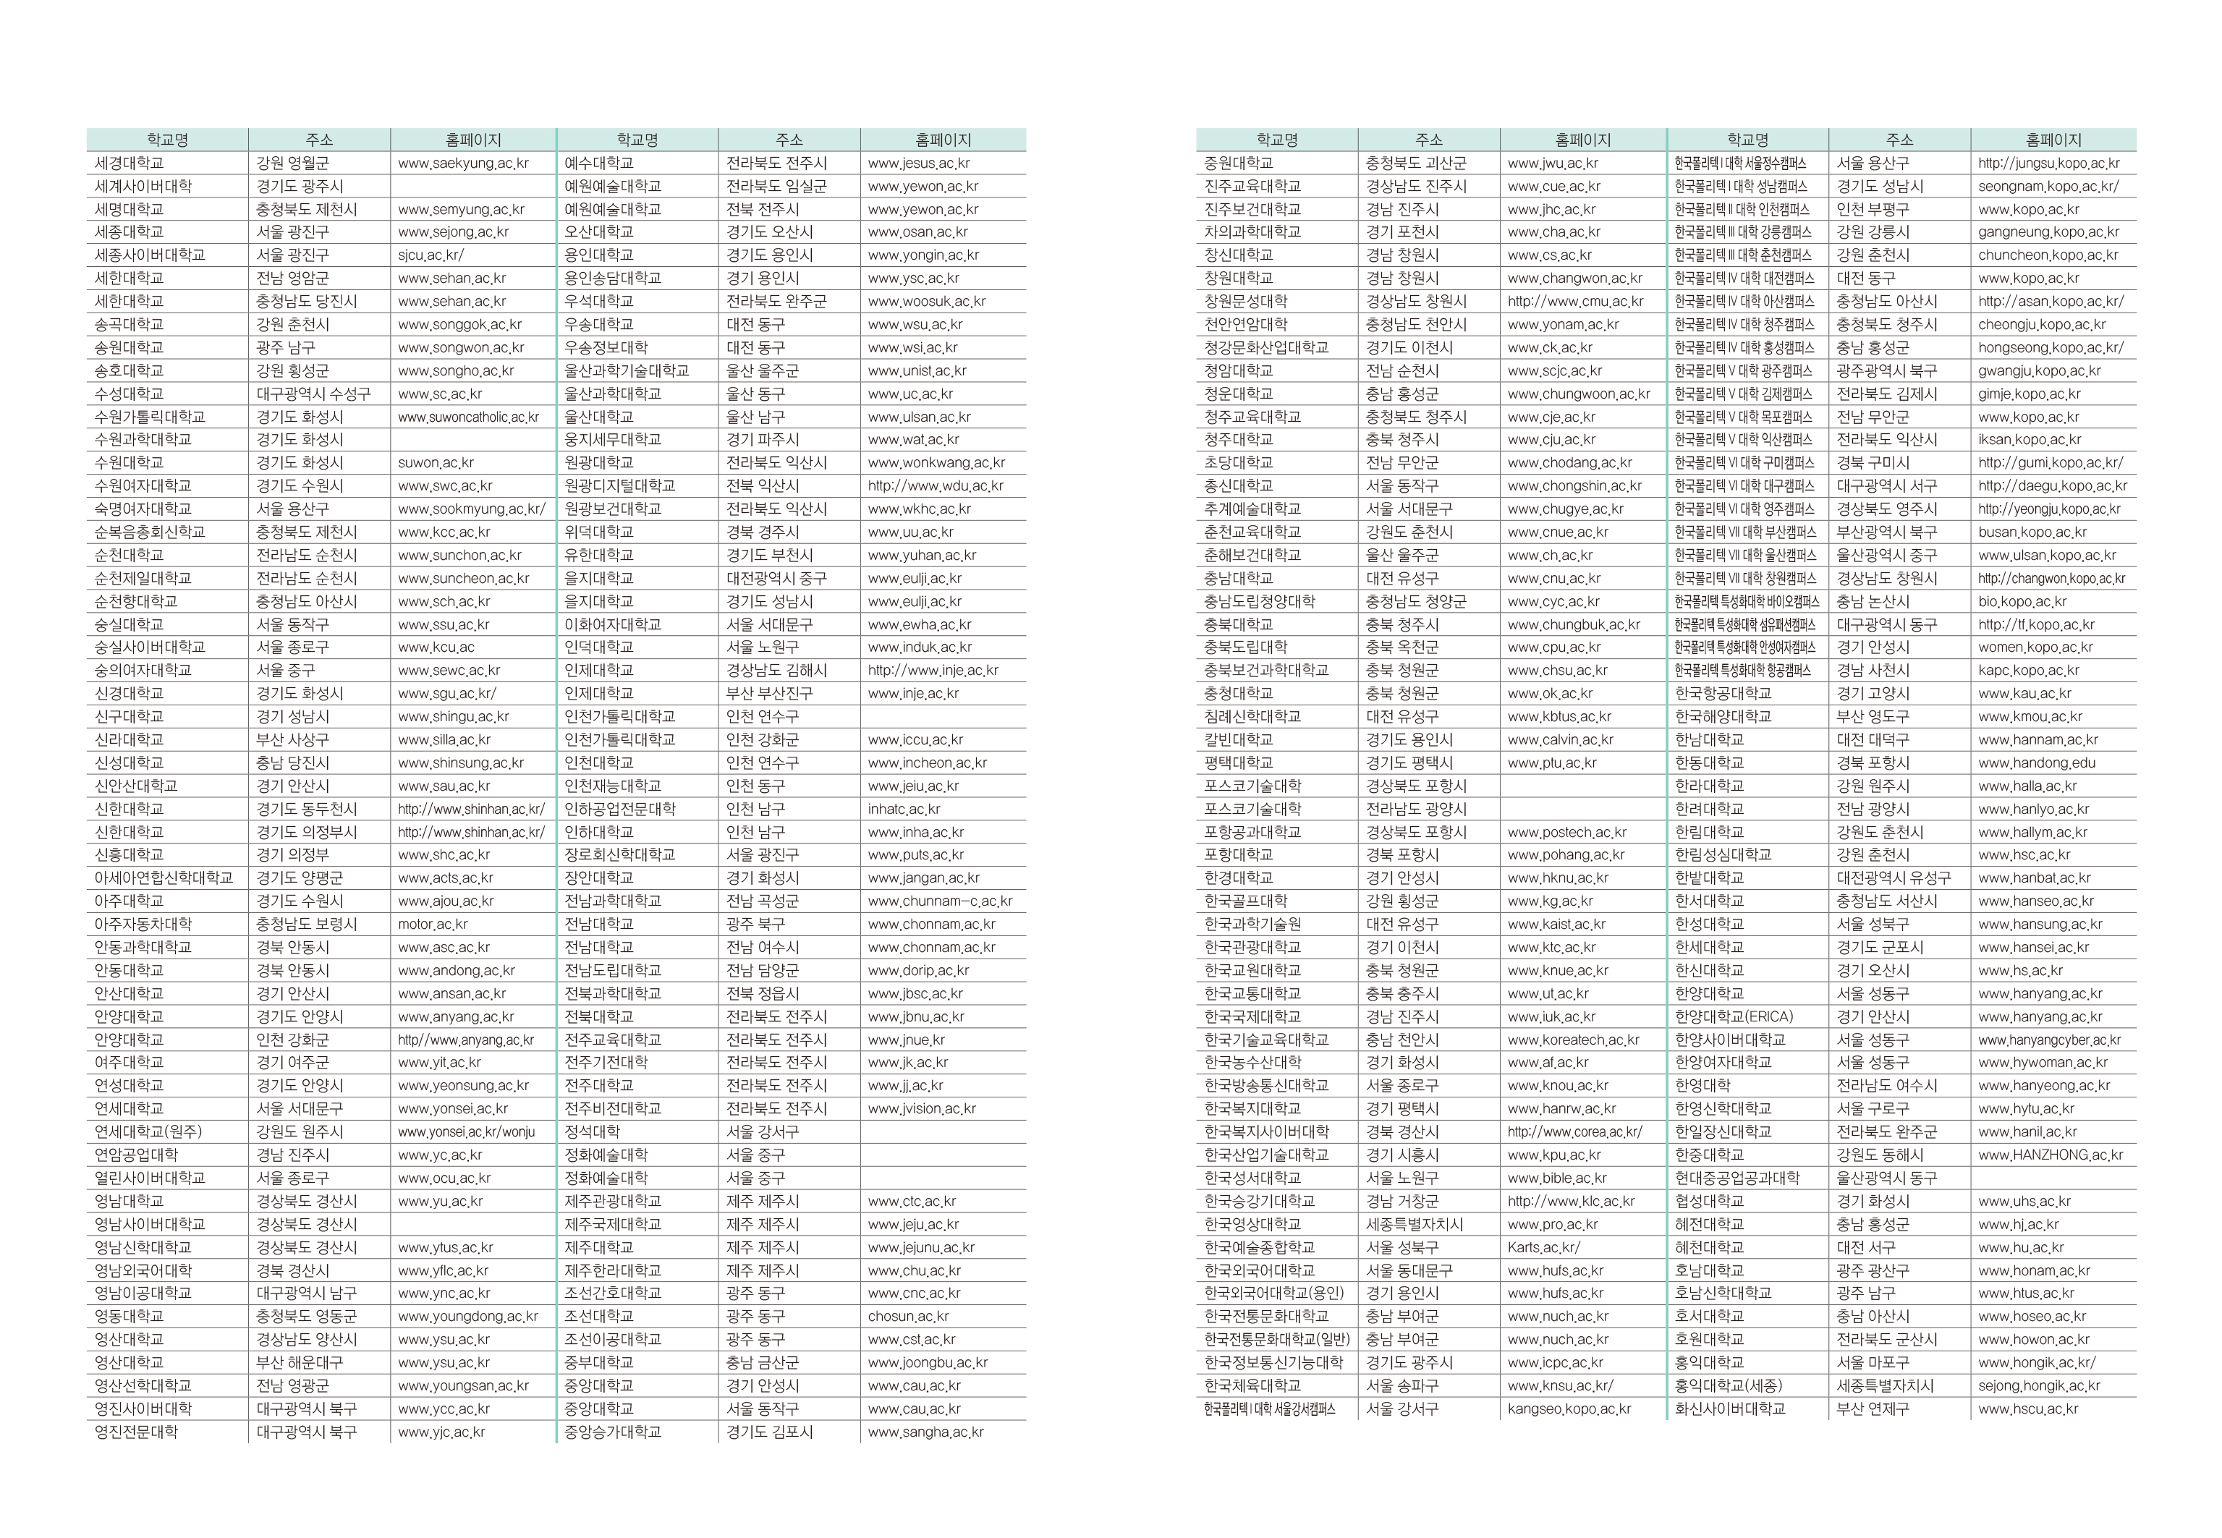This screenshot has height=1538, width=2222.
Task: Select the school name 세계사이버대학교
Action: (143, 187)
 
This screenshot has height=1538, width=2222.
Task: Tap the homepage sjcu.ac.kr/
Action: (431, 255)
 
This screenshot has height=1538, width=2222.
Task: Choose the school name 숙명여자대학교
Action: (143, 509)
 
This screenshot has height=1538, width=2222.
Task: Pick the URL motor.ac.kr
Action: (433, 924)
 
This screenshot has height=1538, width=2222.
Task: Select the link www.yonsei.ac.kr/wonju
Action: (467, 1132)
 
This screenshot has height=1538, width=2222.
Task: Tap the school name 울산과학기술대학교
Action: (627, 371)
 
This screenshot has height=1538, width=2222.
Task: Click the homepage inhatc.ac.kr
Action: (904, 810)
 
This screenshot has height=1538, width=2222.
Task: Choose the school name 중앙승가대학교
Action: (613, 1432)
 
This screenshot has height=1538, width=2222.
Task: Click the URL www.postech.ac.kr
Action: (1566, 833)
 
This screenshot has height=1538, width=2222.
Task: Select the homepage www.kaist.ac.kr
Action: (1556, 924)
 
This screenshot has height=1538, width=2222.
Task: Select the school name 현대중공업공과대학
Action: (1737, 1178)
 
